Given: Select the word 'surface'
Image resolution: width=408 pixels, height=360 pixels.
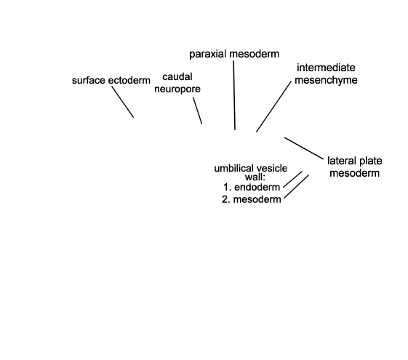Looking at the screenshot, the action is (x=89, y=81).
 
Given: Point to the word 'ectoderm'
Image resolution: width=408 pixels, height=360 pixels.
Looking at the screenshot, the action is (x=129, y=81).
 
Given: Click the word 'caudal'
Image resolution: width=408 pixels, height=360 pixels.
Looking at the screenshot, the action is (x=177, y=77).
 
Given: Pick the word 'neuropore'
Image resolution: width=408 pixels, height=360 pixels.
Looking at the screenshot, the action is (x=177, y=89).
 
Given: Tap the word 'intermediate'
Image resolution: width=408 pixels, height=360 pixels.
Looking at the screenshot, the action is (x=326, y=68).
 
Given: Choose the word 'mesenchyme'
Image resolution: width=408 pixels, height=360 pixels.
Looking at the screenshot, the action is (x=326, y=80).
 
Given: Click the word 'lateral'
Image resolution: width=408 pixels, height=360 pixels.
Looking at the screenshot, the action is (x=341, y=161).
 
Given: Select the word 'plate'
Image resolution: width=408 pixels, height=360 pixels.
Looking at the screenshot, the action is (x=370, y=161).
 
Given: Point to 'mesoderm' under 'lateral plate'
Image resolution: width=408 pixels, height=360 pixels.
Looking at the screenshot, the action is (x=355, y=173).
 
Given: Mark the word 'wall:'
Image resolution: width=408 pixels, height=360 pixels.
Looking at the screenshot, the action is (x=255, y=177).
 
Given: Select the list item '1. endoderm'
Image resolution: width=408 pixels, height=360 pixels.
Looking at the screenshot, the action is (x=252, y=187).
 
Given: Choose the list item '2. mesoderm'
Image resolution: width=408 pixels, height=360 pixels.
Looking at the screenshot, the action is (x=252, y=199).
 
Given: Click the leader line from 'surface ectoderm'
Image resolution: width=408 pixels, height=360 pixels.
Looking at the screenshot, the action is (x=123, y=102).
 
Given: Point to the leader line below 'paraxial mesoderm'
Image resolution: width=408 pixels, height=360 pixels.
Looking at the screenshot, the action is (x=234, y=95).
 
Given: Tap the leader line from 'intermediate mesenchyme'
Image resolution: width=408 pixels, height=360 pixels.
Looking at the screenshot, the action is (x=273, y=106).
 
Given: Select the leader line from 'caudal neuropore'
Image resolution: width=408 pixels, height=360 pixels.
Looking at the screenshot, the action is (x=198, y=111).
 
